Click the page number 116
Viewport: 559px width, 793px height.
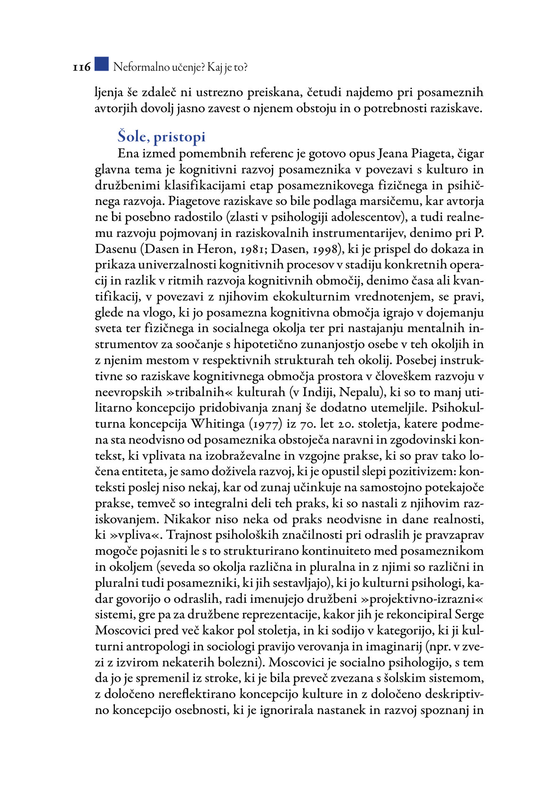81,67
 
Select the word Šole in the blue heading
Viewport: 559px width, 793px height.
132,137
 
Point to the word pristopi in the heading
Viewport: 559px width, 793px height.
179,137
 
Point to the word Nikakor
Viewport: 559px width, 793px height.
187,519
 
